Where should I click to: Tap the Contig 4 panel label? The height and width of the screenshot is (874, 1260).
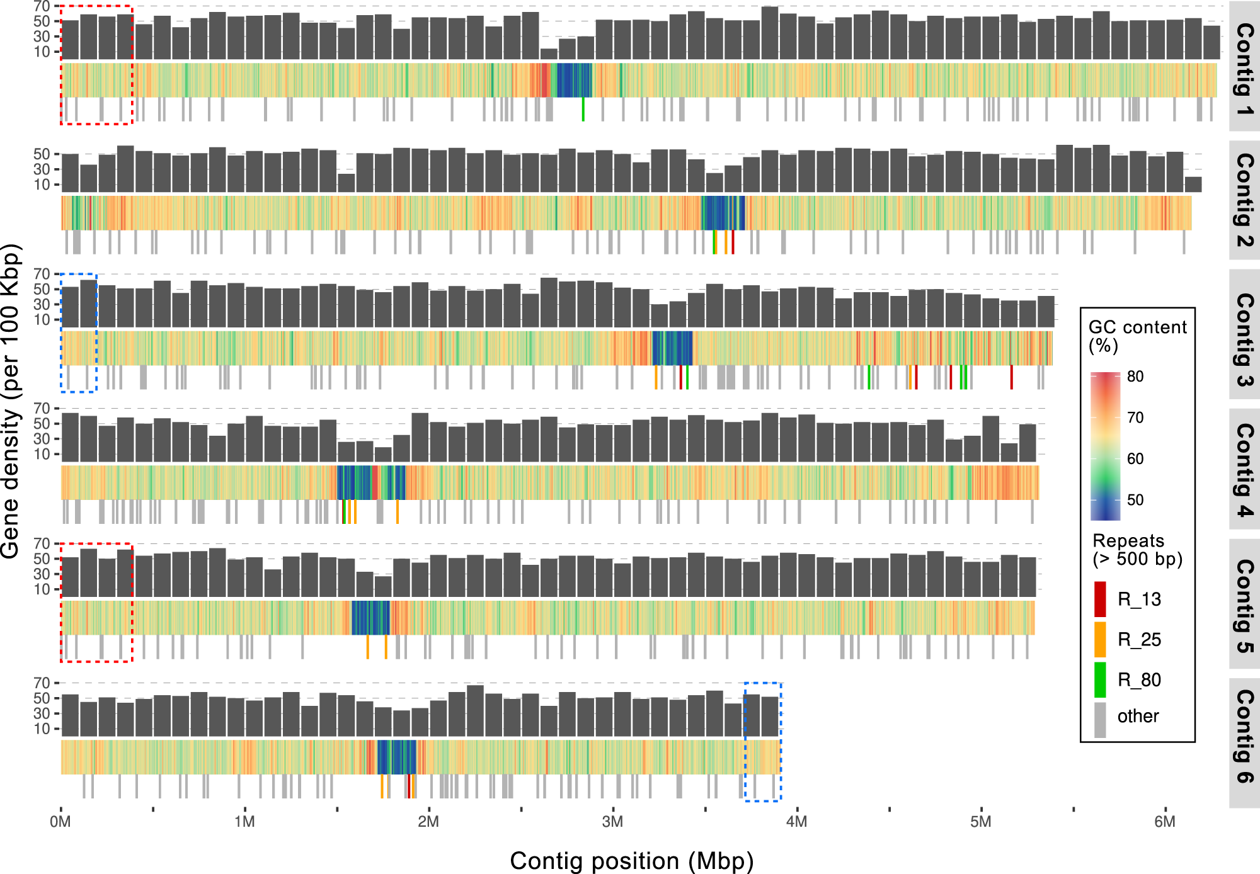(x=1244, y=470)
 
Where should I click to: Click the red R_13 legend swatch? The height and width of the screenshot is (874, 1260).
(x=1100, y=599)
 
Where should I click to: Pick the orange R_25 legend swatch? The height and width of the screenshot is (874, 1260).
(x=1100, y=639)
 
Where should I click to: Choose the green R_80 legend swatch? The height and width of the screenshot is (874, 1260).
(x=1100, y=679)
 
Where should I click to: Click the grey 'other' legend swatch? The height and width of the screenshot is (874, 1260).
(x=1100, y=719)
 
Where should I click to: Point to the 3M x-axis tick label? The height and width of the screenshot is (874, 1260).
(x=612, y=822)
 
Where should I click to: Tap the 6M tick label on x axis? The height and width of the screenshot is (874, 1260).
(x=1165, y=822)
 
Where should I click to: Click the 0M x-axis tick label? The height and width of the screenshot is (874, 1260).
(x=60, y=822)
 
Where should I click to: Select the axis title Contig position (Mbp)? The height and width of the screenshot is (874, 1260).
(x=631, y=861)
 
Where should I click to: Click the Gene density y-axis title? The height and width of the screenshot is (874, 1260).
(x=11, y=401)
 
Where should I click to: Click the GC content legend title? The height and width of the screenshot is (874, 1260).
(x=1137, y=336)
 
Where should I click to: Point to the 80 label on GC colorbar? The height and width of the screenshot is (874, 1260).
(x=1135, y=377)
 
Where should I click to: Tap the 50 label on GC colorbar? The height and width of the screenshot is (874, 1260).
(x=1135, y=500)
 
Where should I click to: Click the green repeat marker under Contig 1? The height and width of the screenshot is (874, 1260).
(x=583, y=109)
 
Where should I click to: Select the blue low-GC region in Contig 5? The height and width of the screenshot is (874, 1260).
(x=370, y=618)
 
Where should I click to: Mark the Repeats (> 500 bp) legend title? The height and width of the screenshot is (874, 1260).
(x=1137, y=549)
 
